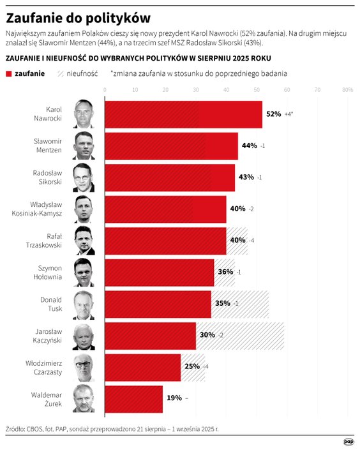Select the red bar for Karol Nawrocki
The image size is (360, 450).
[x=183, y=114]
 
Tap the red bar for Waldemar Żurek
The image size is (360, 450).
[x=133, y=398]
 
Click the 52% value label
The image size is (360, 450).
[x=274, y=114]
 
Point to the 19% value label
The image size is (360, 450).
[x=174, y=398]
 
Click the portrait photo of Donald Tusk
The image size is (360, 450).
[x=84, y=304]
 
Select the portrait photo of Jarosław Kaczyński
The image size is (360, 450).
[x=84, y=336]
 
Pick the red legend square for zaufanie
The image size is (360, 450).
[x=9, y=74]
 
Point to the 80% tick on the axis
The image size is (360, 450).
[x=347, y=91]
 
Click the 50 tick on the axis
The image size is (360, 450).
[x=257, y=91]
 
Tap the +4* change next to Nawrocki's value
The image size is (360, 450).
[x=289, y=114]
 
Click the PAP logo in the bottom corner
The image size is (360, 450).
[x=348, y=441]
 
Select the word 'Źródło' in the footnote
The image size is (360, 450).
[x=17, y=429]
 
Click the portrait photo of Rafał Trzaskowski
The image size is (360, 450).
[x=84, y=240]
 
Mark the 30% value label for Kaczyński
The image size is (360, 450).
[x=207, y=335]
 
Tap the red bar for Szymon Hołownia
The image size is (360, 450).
[x=158, y=272]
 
